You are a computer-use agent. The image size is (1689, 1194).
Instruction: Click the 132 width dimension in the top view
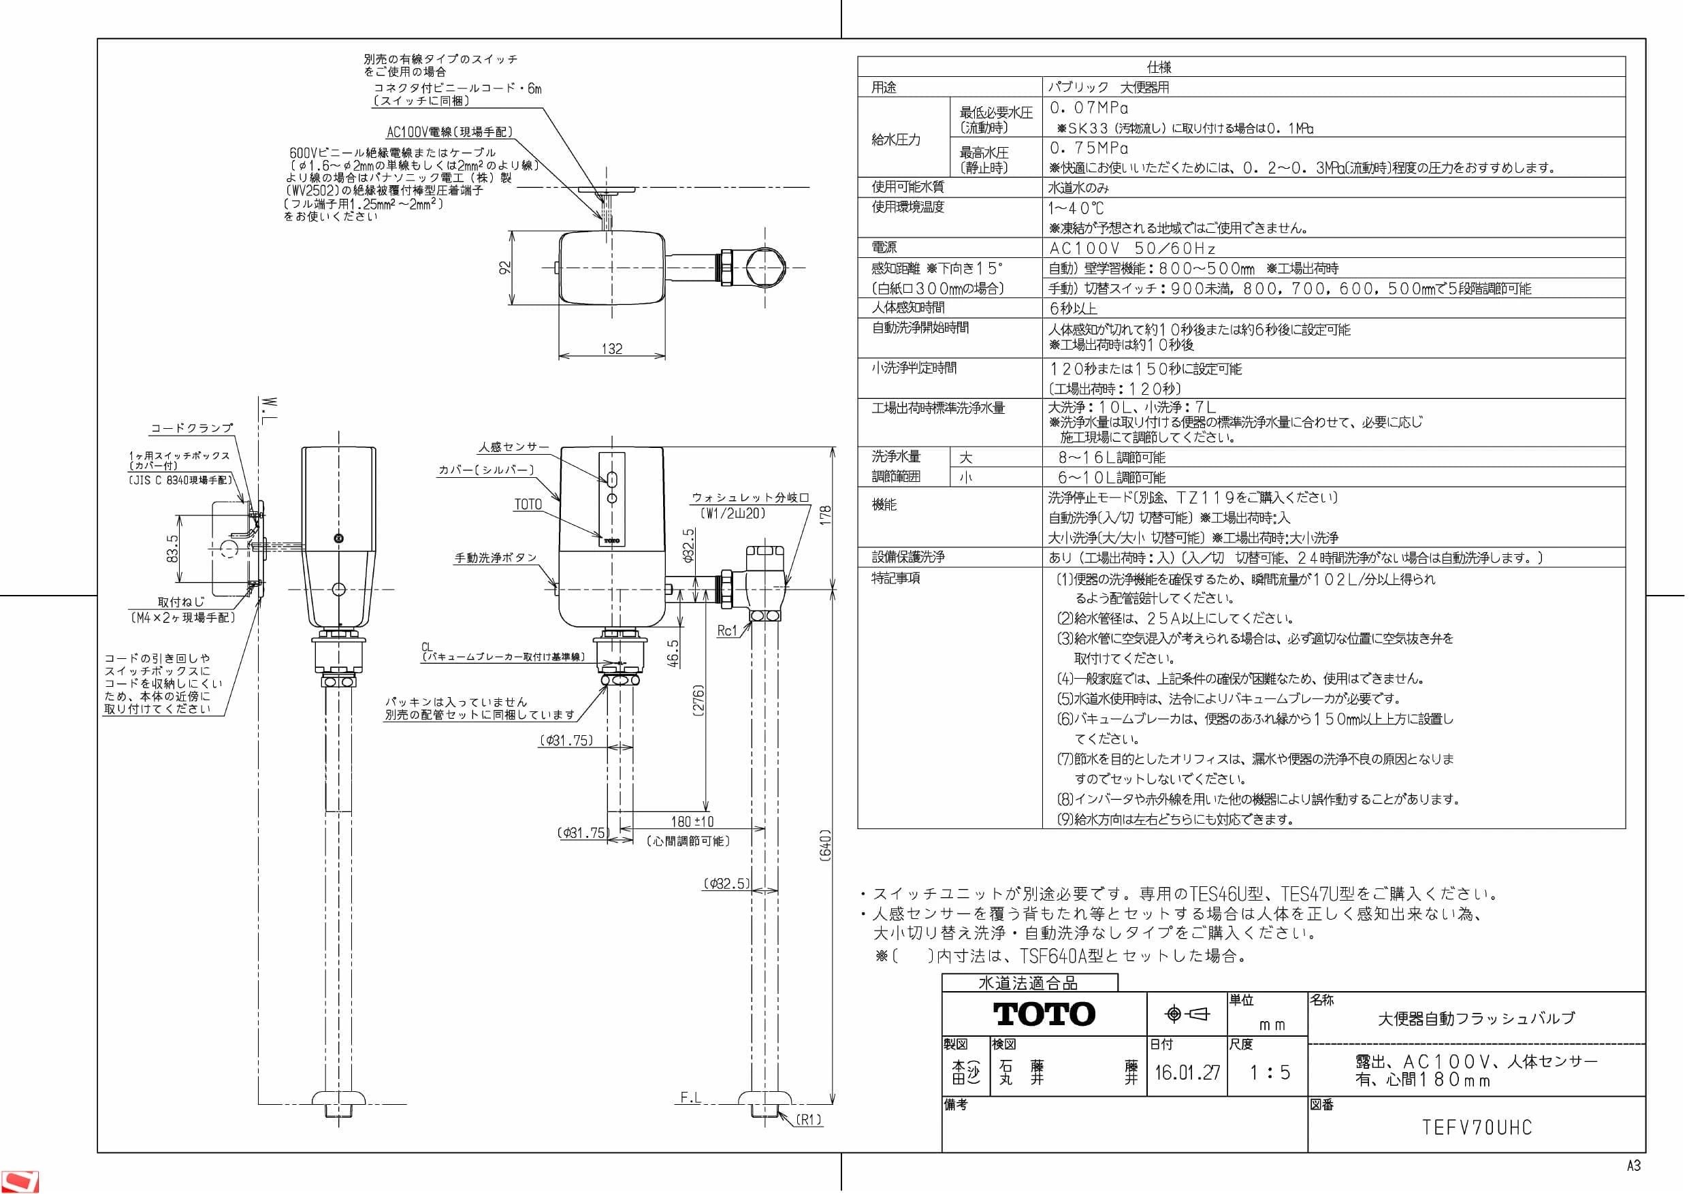coord(612,349)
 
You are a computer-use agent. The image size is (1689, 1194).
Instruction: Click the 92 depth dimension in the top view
coord(504,268)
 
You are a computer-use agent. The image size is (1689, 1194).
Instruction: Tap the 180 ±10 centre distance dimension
coord(692,822)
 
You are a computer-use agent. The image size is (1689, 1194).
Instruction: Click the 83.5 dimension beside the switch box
coord(172,548)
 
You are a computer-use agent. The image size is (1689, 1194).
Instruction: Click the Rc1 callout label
coord(727,630)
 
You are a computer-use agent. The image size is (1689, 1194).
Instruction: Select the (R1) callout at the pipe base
coord(809,1120)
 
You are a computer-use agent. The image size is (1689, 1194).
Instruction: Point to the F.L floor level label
coord(690,1097)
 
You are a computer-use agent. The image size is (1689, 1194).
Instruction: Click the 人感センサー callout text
coord(514,447)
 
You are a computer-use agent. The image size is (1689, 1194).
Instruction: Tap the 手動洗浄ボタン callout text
coord(496,558)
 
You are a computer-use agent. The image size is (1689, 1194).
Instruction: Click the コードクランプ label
coord(192,427)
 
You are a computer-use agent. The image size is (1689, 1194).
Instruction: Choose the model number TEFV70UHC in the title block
coord(1477,1127)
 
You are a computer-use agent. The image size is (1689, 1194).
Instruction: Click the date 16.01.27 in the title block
coord(1187,1072)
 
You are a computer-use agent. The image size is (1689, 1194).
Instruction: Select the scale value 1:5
coord(1270,1072)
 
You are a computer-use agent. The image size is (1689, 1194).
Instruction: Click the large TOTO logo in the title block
coord(1044,1014)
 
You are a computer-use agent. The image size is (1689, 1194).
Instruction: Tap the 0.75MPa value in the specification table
coord(1089,148)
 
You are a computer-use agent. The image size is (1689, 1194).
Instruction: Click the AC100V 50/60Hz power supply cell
coord(1132,248)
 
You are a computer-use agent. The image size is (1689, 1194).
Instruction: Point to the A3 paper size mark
coord(1634,1166)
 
